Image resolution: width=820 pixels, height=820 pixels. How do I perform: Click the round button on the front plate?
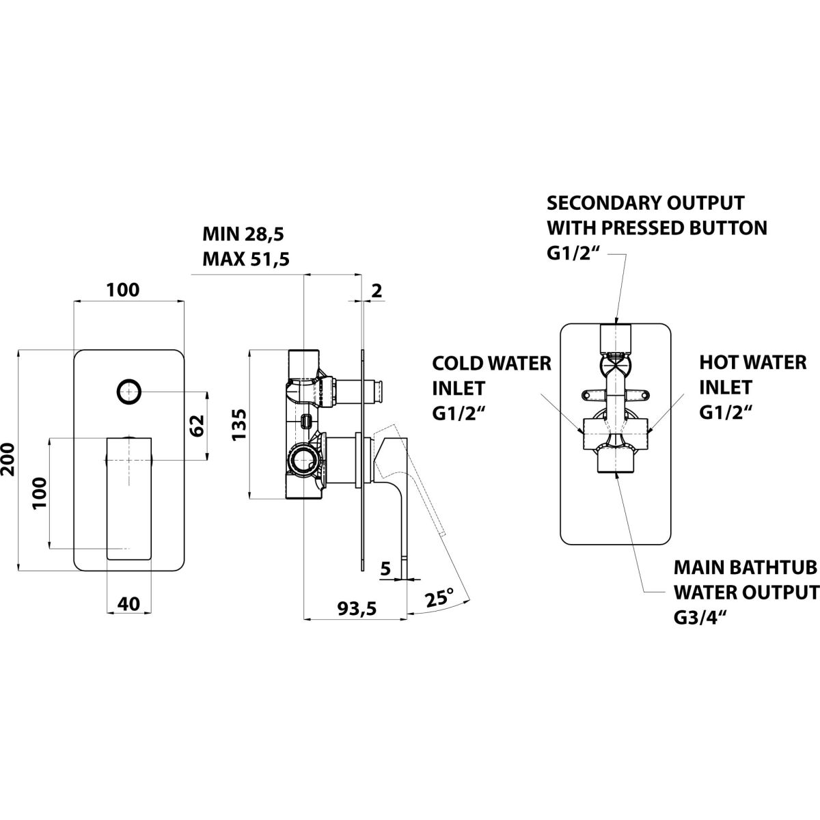128,392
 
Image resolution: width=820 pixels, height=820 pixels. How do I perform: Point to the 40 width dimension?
128,603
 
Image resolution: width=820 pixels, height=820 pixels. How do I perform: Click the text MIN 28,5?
243,234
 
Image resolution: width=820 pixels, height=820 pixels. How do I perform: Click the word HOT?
717,362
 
